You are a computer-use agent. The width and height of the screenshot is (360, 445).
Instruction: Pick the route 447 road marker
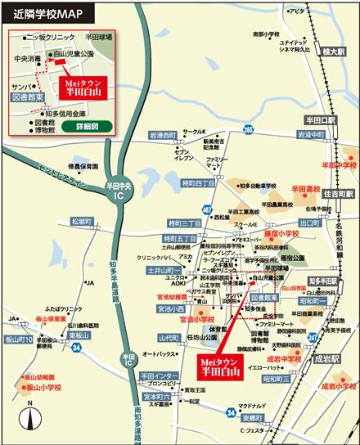[207, 210]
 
